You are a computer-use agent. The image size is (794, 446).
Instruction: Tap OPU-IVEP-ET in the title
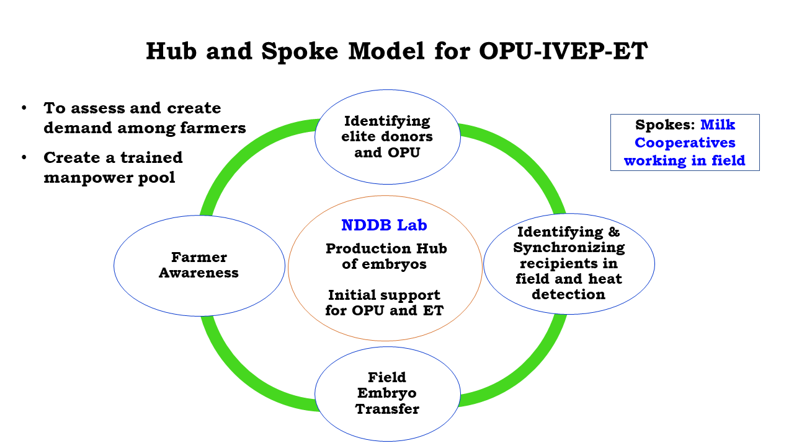tap(563, 51)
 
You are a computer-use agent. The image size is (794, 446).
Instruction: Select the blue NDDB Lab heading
tap(384, 225)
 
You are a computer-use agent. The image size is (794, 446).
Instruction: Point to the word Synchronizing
tap(569, 248)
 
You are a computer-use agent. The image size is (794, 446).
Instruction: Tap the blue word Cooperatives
tap(685, 143)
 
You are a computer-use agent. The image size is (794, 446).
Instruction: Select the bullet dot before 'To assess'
tap(24, 108)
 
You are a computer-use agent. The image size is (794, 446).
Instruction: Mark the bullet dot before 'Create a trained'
tap(24, 158)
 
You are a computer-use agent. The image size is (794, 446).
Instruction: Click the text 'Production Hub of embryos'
tap(386, 256)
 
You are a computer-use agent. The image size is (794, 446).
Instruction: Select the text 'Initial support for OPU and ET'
tap(385, 303)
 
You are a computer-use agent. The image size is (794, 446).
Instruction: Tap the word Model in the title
tap(385, 51)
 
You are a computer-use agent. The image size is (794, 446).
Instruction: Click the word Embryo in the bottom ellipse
tap(387, 393)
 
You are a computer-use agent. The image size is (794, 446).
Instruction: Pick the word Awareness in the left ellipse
tap(198, 273)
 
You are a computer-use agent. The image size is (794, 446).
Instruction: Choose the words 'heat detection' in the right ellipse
tap(568, 287)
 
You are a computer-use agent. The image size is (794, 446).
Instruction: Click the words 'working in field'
tap(685, 161)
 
